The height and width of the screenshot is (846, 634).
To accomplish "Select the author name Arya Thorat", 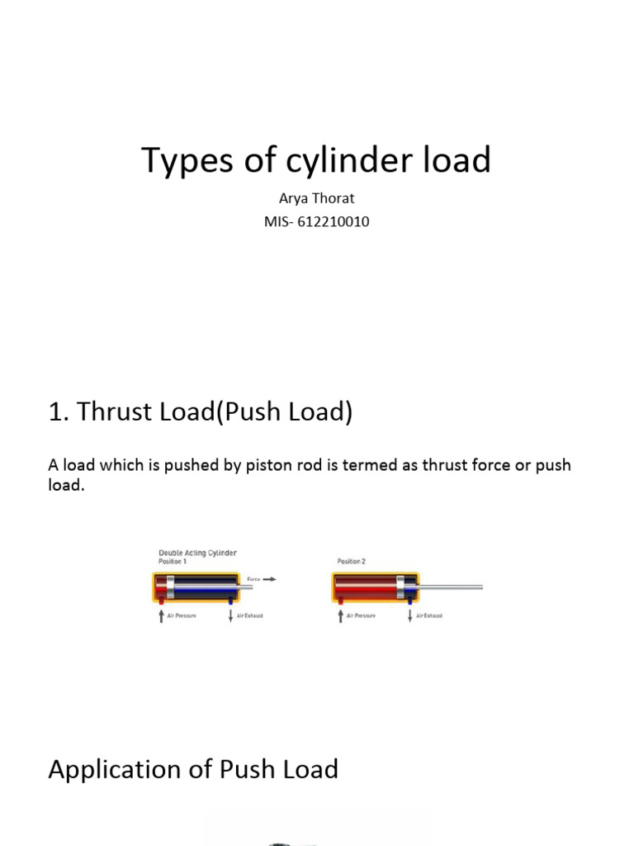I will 316,199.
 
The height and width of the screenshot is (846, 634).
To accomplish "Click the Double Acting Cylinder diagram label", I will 197,553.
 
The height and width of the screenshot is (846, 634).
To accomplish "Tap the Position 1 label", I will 173,562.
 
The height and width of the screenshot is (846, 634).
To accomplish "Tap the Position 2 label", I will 351,562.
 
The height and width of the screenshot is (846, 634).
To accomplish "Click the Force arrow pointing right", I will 269,579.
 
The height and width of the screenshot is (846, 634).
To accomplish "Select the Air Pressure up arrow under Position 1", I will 161,616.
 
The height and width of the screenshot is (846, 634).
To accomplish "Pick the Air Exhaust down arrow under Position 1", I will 230,616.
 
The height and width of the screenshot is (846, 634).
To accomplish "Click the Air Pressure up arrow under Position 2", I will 340,616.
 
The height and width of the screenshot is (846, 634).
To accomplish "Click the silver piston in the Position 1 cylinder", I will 171,588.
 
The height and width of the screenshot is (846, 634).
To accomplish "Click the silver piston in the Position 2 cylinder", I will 401,588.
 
